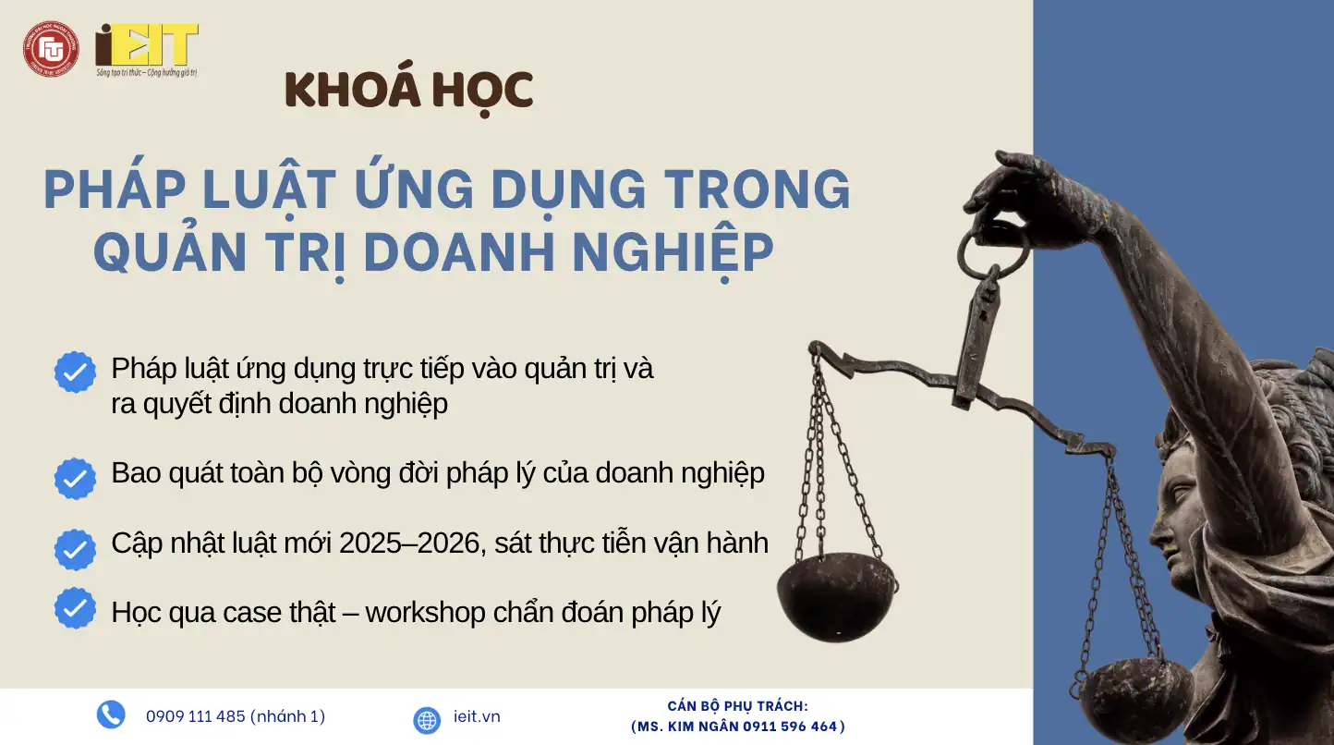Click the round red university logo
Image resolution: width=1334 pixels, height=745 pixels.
tap(51, 49)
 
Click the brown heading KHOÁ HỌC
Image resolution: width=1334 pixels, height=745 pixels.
tap(408, 90)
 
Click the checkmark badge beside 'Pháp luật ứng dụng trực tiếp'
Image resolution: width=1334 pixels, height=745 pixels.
tap(75, 372)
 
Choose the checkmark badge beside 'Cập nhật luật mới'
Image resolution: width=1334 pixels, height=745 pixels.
tap(75, 549)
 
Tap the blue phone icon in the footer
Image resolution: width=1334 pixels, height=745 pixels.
tap(111, 714)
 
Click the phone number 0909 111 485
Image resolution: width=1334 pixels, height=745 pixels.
tap(196, 716)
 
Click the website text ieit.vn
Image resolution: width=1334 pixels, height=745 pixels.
tap(478, 716)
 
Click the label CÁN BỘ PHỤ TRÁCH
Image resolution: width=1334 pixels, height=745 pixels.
tap(737, 706)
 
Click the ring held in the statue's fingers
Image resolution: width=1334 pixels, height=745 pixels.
tap(993, 250)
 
